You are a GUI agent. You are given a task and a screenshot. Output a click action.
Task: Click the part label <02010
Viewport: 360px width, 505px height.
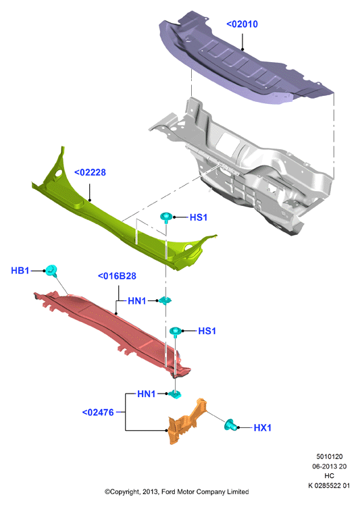coord(242,24)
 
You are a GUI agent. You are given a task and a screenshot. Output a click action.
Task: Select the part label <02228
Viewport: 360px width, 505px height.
coord(90,172)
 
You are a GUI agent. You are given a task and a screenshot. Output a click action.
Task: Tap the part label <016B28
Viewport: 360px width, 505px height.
coord(117,276)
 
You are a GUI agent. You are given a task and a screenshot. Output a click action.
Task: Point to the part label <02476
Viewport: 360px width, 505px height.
coord(98,413)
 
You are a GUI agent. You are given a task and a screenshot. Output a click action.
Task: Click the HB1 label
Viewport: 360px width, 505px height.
coord(20,271)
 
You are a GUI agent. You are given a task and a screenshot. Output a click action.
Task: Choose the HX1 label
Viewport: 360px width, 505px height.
coord(262,428)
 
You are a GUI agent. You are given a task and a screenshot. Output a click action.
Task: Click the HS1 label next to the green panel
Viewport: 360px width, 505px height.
coord(198,217)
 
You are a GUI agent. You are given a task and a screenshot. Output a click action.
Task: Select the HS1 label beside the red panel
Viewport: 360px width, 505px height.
coord(207,331)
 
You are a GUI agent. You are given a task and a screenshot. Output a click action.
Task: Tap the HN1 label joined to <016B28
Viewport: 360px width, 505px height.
coord(137,301)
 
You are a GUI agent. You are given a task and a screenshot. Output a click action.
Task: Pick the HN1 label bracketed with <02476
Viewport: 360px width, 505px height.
coord(147,394)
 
